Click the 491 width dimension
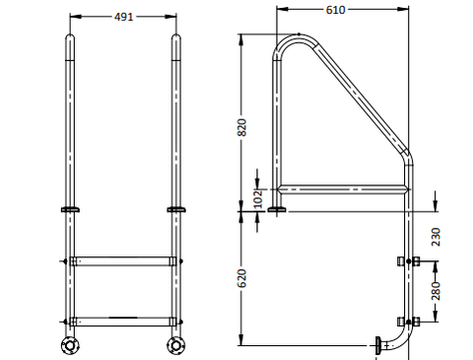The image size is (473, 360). [x=123, y=17]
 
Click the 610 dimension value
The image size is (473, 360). [x=335, y=10]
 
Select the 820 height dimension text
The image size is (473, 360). [x=241, y=127]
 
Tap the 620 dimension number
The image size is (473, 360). [x=241, y=278]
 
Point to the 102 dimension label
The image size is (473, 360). [x=259, y=198]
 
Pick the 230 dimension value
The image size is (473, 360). [x=436, y=237]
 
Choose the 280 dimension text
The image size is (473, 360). [x=436, y=291]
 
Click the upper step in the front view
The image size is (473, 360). [x=123, y=261]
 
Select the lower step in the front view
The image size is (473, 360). [x=123, y=322]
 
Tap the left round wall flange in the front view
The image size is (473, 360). [x=70, y=345]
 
